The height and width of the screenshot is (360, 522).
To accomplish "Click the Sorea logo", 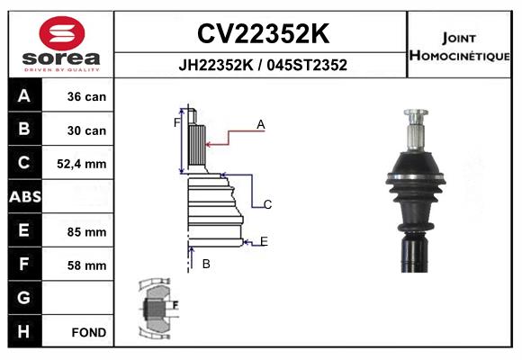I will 62,43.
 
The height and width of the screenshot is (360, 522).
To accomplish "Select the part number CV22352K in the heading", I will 262,33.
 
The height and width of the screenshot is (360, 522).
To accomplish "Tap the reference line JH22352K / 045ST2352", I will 262,66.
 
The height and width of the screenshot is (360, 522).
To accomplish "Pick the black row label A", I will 23,96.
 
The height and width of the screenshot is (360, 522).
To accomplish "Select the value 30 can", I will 86,130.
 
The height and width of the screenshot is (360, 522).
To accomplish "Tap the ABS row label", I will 23,197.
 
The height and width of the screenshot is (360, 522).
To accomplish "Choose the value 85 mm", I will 86,231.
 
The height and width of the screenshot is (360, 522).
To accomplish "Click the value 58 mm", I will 86,265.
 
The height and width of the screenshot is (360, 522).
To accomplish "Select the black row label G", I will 23,298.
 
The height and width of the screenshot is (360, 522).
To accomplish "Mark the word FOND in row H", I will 89,332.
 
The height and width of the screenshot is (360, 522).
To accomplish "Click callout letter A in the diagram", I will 260,125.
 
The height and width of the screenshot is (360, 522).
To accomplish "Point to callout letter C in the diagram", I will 267,204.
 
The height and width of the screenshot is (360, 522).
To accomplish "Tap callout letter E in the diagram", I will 264,240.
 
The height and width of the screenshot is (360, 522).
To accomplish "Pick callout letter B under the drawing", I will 206,264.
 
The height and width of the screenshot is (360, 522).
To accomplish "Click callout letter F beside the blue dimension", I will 177,122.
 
